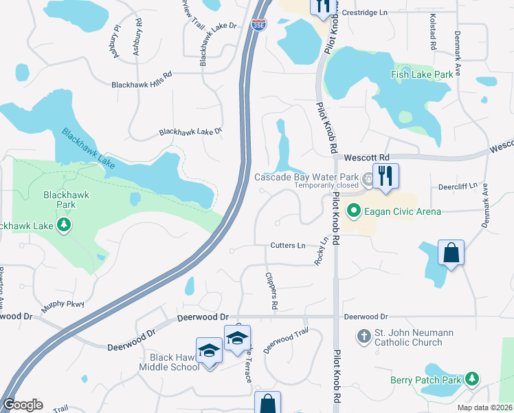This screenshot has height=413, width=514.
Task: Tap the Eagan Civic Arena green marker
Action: click(x=354, y=211)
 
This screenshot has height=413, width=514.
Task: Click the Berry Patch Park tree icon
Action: click(x=471, y=378)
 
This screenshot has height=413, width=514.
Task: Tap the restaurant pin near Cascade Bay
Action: click(x=385, y=176)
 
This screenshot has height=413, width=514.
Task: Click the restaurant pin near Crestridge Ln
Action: click(x=321, y=7)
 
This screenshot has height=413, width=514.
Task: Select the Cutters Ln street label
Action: click(x=287, y=245)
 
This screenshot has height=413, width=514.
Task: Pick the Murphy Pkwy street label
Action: click(x=63, y=306)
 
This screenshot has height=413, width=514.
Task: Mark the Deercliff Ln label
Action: click(x=457, y=187)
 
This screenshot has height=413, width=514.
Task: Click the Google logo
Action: click(x=23, y=405)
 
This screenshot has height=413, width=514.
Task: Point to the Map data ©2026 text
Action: click(x=484, y=407)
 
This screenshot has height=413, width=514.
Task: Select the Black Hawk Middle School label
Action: click(x=175, y=362)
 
